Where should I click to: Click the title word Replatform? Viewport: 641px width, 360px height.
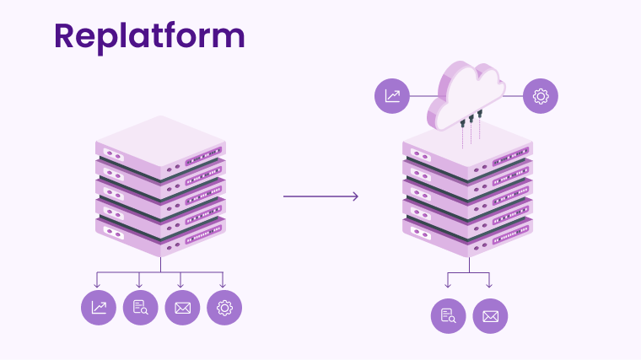[149, 35]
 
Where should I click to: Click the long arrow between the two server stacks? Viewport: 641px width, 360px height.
[320, 196]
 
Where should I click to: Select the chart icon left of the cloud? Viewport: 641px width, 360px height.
[392, 95]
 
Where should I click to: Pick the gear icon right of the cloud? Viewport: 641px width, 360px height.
[541, 95]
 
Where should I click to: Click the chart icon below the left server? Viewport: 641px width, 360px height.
[99, 308]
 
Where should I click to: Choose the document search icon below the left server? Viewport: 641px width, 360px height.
[140, 308]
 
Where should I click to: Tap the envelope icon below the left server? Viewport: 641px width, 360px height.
[182, 308]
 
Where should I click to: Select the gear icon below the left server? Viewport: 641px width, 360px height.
[224, 308]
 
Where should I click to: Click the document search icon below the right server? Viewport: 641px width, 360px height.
[449, 316]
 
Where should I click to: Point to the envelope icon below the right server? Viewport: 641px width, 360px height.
[490, 316]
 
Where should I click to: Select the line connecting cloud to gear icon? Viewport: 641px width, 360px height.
[514, 95]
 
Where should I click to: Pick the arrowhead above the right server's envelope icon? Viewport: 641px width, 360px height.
[489, 285]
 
